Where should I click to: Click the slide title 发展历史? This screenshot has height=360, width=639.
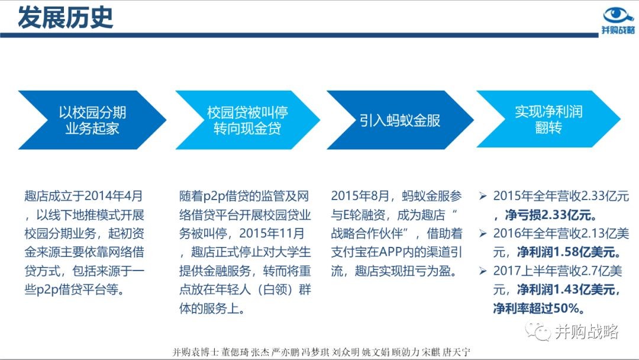click(65, 18)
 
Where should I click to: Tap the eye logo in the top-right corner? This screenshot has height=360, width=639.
click(618, 15)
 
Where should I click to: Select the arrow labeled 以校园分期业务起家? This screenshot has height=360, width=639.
click(92, 120)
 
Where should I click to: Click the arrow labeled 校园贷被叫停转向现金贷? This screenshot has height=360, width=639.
click(247, 120)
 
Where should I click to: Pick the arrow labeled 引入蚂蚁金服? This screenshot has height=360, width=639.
click(400, 120)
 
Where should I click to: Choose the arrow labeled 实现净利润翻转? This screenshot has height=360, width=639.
click(548, 119)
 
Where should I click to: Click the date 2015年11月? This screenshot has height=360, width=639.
click(272, 233)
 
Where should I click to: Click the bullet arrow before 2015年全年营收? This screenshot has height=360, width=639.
click(483, 196)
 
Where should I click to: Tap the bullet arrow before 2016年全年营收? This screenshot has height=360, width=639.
click(483, 234)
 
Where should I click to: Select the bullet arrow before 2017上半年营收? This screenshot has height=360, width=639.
click(483, 271)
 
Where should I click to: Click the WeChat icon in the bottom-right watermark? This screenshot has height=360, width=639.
click(537, 331)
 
